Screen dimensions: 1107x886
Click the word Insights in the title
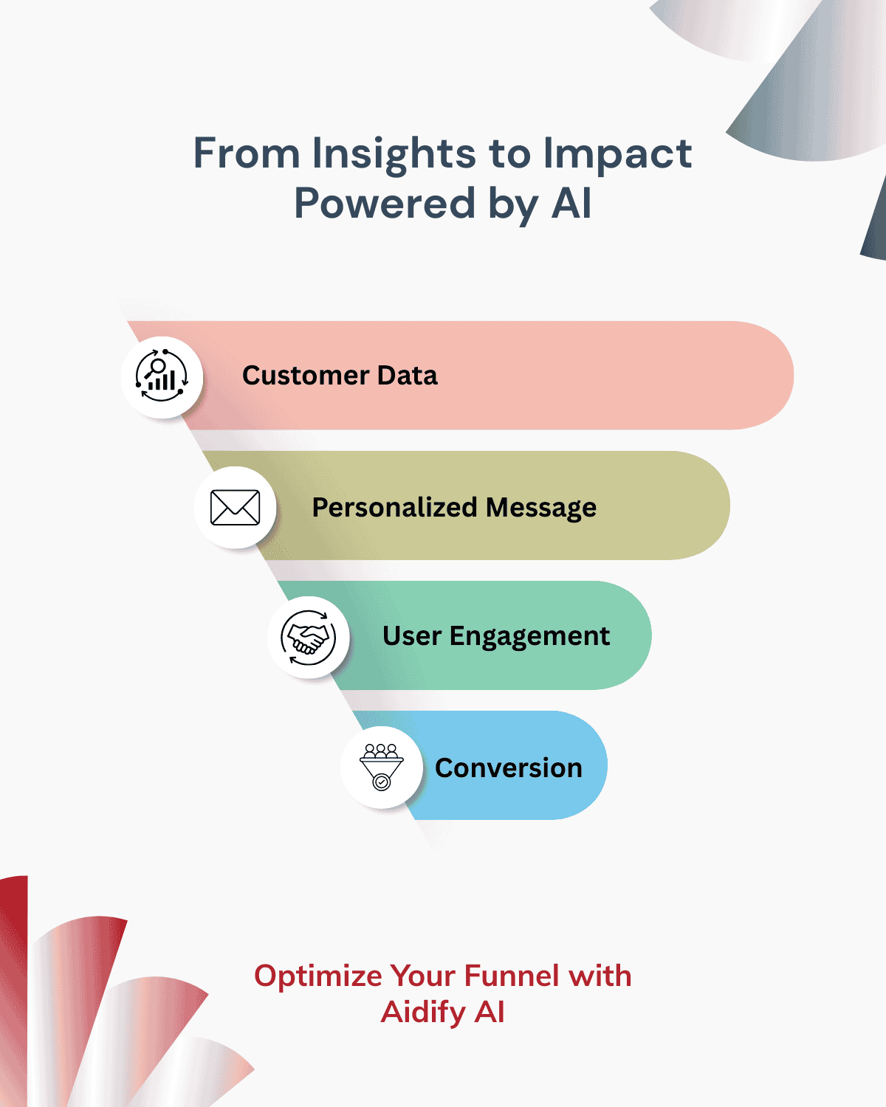click(394, 154)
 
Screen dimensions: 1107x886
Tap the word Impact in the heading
click(617, 154)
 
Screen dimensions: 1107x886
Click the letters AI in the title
click(571, 204)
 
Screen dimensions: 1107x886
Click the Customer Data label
click(340, 376)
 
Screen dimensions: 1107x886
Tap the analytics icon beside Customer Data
click(162, 377)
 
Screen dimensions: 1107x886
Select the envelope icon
click(235, 508)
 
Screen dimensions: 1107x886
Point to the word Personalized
click(394, 508)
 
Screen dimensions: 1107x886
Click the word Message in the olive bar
click(541, 508)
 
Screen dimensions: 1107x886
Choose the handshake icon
click(308, 638)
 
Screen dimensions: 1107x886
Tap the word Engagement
click(529, 636)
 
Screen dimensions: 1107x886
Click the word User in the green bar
click(412, 636)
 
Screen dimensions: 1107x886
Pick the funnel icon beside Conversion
click(381, 768)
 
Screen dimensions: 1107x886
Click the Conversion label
click(509, 768)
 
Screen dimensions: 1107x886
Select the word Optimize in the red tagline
click(318, 976)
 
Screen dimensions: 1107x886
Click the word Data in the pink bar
click(407, 376)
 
